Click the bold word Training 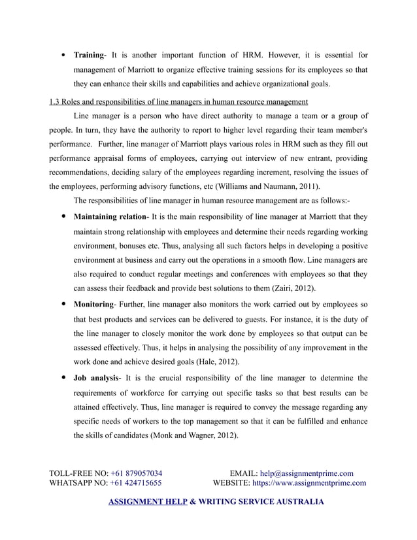(x=90, y=54)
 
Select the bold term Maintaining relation (x=110, y=216)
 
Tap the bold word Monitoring (x=95, y=305)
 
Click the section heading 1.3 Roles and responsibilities (x=178, y=102)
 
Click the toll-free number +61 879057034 (x=137, y=473)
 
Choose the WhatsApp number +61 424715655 (x=136, y=484)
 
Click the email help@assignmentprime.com (x=307, y=473)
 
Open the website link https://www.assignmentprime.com (x=309, y=484)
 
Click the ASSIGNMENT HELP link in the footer (x=146, y=502)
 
